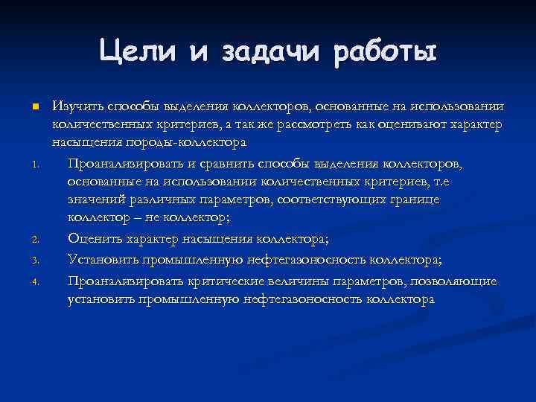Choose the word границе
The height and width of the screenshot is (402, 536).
pos(413,200)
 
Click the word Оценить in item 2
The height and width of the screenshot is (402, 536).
pos(93,239)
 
